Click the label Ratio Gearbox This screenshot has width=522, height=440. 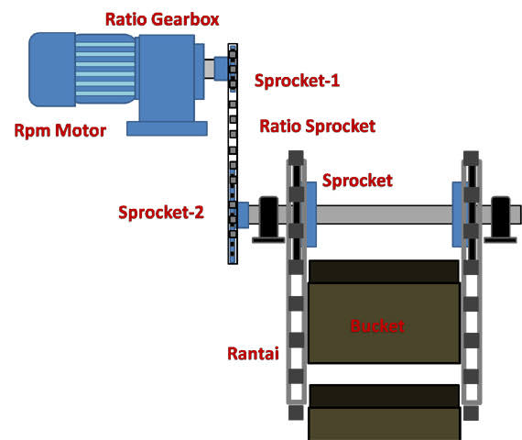(x=162, y=19)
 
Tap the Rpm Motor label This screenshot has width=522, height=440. (x=60, y=130)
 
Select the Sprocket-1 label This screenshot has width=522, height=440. (x=297, y=81)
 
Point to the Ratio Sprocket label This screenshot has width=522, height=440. (x=317, y=126)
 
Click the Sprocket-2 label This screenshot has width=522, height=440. (x=161, y=213)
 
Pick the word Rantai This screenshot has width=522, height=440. (x=253, y=354)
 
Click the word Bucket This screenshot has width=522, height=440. (x=377, y=326)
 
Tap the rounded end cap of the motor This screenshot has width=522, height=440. (x=52, y=70)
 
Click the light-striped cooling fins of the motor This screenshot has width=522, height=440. (x=105, y=69)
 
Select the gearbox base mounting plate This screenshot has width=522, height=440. (x=167, y=128)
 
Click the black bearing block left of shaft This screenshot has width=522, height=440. (x=268, y=219)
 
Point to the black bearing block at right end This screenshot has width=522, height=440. (x=500, y=219)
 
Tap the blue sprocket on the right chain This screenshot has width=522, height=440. (x=458, y=214)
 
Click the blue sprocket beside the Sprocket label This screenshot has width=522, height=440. (x=311, y=214)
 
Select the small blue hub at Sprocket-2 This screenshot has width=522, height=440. (x=244, y=215)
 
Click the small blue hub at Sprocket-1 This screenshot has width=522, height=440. (x=221, y=69)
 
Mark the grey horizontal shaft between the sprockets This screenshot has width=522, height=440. (x=385, y=214)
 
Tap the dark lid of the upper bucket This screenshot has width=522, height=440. (x=385, y=271)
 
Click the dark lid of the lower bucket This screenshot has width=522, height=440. (x=385, y=396)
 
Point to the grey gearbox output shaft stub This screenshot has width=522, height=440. (x=209, y=69)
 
